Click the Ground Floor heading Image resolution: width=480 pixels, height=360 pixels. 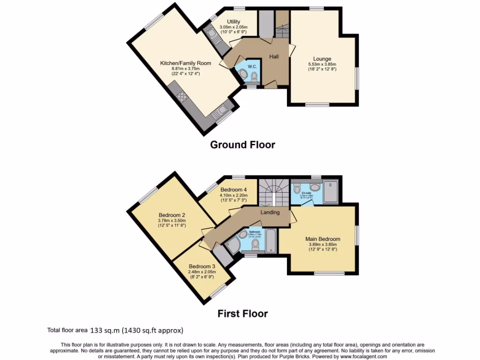click(x=242, y=144)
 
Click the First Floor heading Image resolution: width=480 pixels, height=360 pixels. click(x=242, y=314)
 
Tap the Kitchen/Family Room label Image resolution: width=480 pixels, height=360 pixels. click(x=186, y=63)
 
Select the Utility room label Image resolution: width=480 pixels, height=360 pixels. click(x=233, y=22)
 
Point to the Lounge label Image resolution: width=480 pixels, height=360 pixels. click(x=322, y=59)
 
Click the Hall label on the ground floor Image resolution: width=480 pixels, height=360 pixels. click(x=274, y=57)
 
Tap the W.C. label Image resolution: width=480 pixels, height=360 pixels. click(x=251, y=66)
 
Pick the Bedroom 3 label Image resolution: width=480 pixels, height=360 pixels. click(x=202, y=266)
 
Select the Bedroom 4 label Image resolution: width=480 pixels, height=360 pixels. click(x=233, y=190)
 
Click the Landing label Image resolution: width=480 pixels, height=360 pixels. click(x=270, y=212)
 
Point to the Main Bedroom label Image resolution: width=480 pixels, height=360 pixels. click(x=322, y=239)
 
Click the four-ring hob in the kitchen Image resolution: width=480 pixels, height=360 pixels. click(x=182, y=97)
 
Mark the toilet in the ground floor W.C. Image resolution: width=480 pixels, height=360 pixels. click(x=254, y=77)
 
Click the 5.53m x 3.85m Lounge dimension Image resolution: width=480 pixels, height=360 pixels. click(x=322, y=64)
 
